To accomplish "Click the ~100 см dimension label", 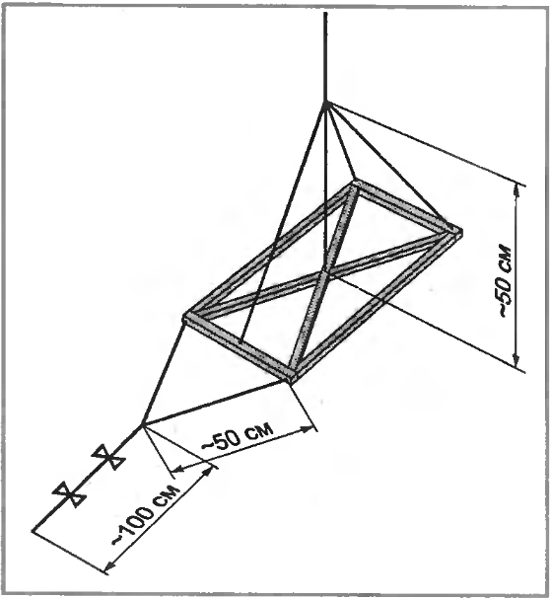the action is pyautogui.click(x=145, y=514).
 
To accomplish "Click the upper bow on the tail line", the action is pyautogui.click(x=108, y=457).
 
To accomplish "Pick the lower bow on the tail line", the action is pyautogui.click(x=70, y=494).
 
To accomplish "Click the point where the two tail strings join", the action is pyautogui.click(x=142, y=424).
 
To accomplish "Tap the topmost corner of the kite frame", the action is pyautogui.click(x=353, y=183).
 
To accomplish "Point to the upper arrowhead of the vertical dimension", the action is pyautogui.click(x=517, y=189).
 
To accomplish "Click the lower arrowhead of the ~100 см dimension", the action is pyautogui.click(x=108, y=566).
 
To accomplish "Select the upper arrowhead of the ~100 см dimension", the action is pyautogui.click(x=208, y=471).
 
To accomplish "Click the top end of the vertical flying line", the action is pyautogui.click(x=325, y=13).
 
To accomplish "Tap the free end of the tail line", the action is pyautogui.click(x=34, y=530).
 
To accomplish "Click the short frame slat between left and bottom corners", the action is pyautogui.click(x=240, y=347).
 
